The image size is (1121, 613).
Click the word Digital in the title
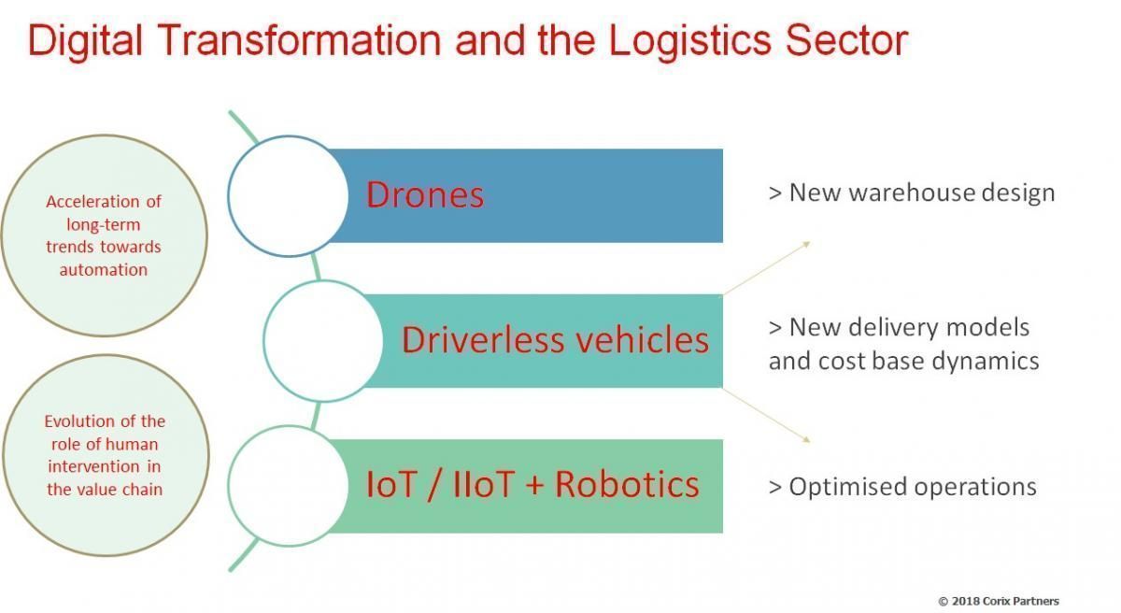pos(86,40)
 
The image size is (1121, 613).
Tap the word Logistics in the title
pos(690,40)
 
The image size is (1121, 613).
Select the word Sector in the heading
pos(846,40)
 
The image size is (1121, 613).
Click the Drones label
pos(425,194)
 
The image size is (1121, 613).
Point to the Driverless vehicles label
pos(555,340)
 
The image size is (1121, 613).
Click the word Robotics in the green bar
pos(627,484)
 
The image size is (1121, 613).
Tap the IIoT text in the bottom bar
pos(484,484)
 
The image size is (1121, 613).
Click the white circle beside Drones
pos(289,196)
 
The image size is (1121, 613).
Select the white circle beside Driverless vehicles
pos(323,341)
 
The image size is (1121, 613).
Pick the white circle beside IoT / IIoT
pos(289,485)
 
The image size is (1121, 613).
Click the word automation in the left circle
pos(104,270)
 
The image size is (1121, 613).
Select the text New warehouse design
pos(912,193)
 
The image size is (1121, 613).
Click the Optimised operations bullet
pos(902,487)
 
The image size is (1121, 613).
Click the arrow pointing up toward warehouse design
pos(765,269)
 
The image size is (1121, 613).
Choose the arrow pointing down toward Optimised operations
pos(765,415)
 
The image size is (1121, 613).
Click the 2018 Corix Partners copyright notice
pos(999,601)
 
